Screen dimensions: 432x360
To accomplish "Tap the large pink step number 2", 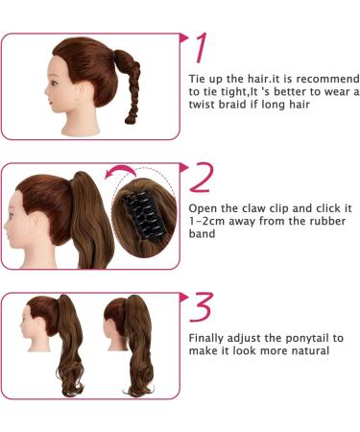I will pos(202,178).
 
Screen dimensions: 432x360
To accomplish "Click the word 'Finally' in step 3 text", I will pos(207,338).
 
